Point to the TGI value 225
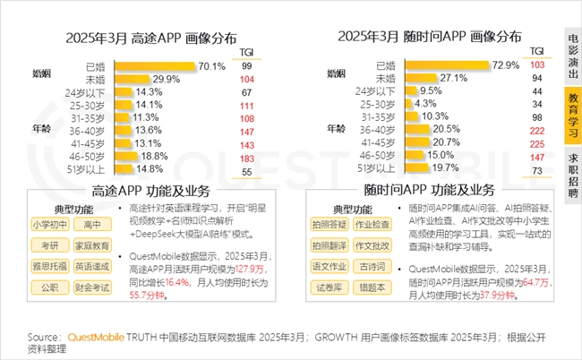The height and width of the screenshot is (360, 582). pos(537,143)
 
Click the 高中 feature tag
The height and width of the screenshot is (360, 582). pos(87,224)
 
